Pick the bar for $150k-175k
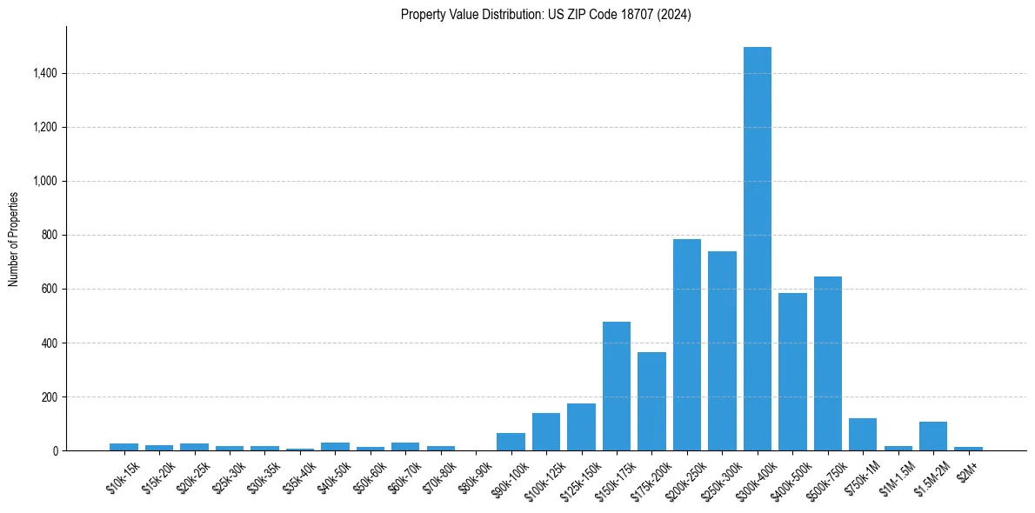pos(617,386)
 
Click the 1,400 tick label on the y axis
pos(45,74)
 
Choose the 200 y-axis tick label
pos(50,397)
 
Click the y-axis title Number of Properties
pos(14,238)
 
